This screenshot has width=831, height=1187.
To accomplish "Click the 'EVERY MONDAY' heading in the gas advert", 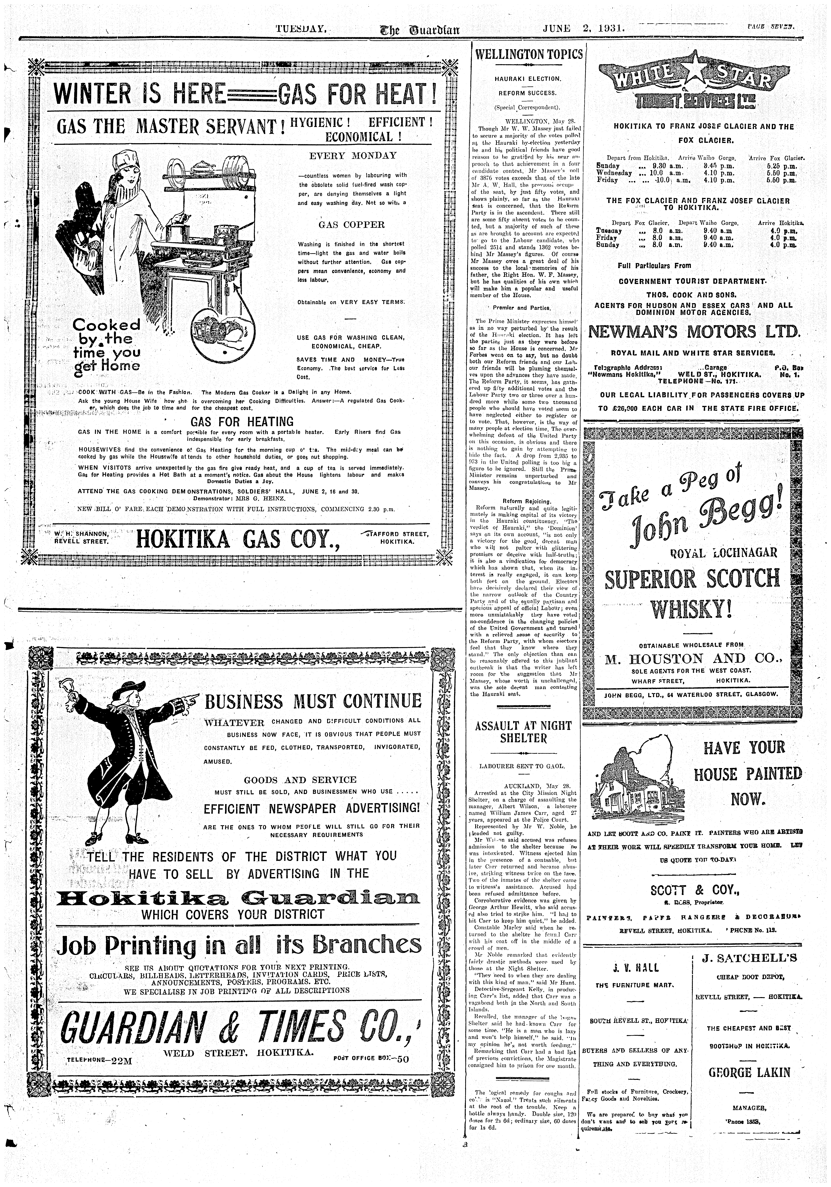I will click(353, 156).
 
